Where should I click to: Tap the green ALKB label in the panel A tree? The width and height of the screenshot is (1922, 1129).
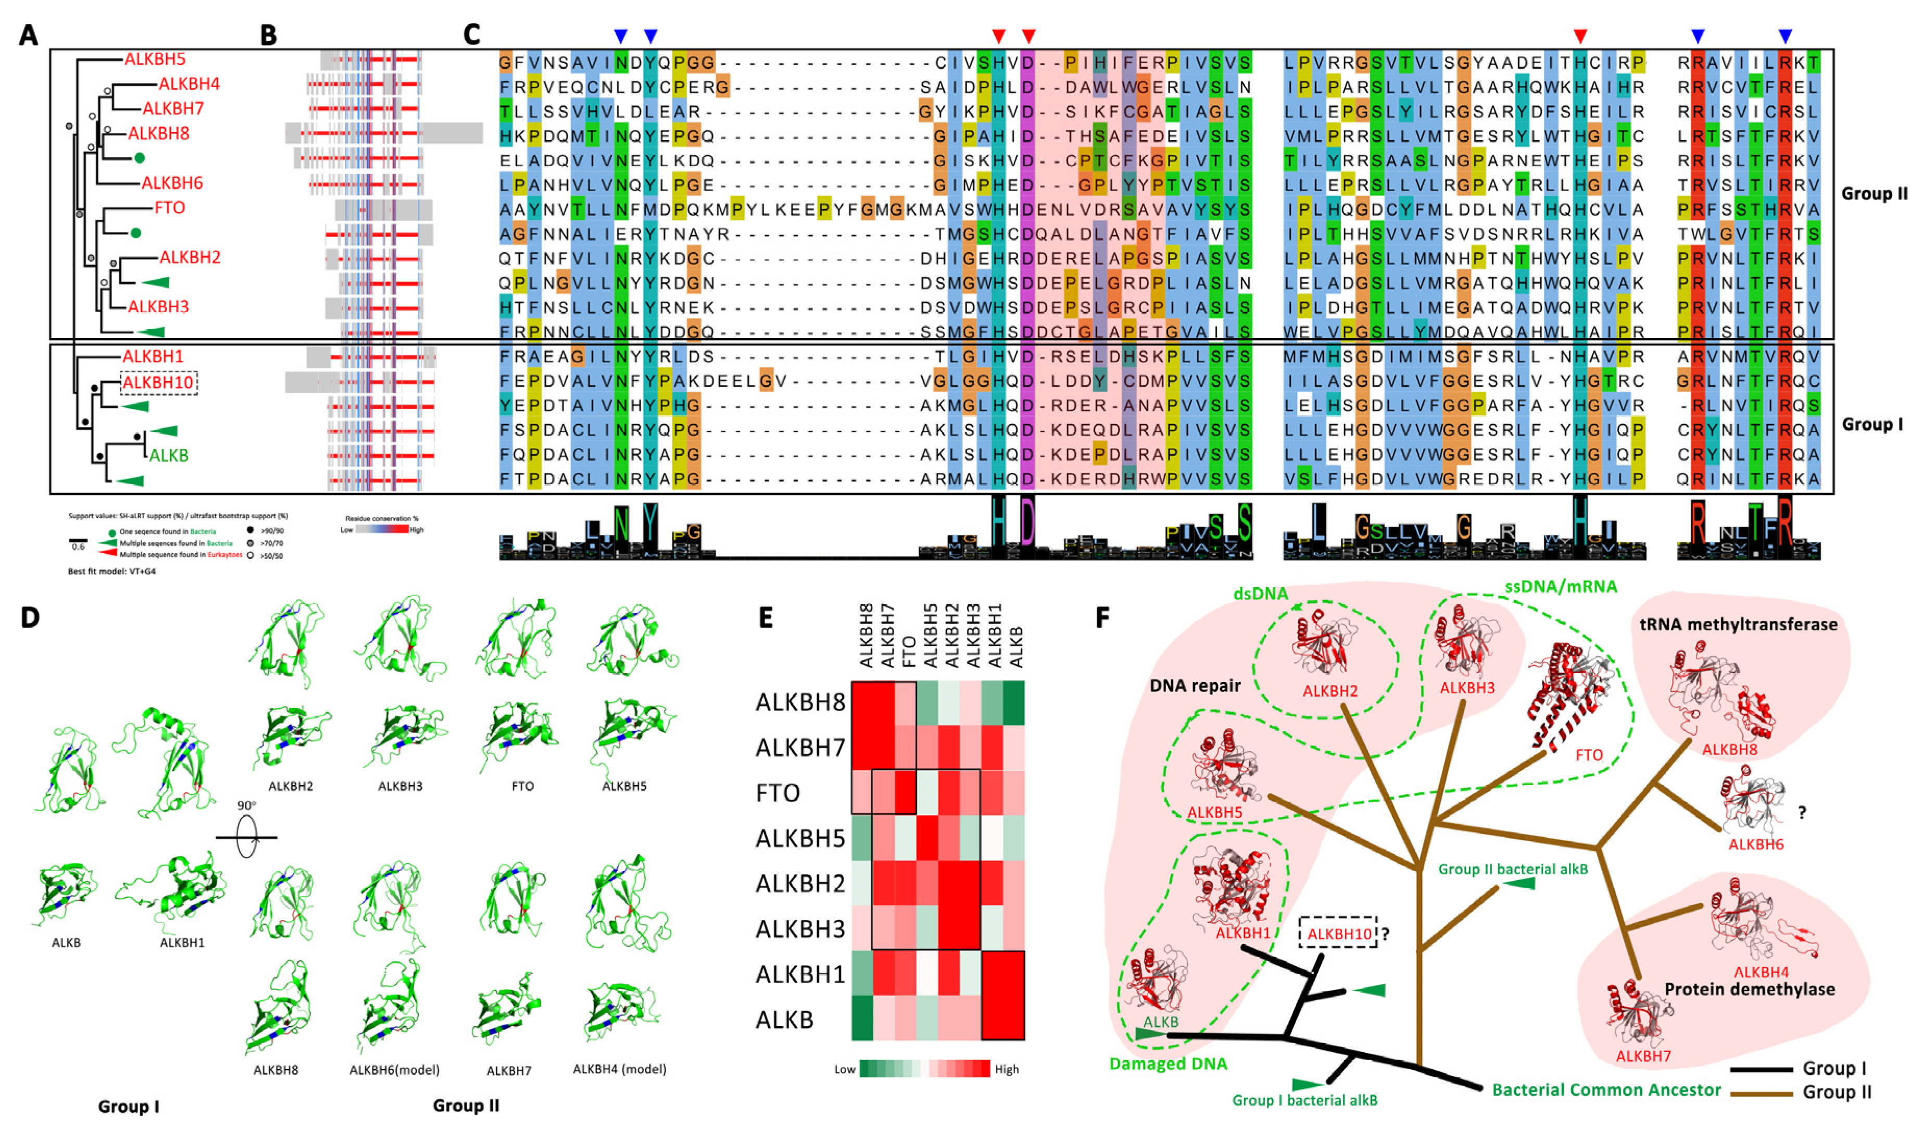tap(169, 455)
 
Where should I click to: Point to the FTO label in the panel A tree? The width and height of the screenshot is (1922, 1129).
tap(169, 207)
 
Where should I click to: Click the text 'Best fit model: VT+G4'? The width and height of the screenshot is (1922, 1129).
tap(112, 572)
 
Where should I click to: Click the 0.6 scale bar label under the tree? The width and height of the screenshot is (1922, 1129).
tap(78, 547)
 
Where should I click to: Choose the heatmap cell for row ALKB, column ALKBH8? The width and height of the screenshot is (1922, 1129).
tap(863, 1019)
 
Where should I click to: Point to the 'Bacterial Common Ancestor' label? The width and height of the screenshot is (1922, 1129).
tap(1606, 1089)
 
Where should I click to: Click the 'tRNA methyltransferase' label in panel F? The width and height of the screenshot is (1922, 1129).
tap(1738, 625)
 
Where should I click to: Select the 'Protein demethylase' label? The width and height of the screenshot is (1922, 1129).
tap(1750, 989)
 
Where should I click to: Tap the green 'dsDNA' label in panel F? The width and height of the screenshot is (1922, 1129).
tap(1261, 593)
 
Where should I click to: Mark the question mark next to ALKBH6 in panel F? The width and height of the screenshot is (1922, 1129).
tap(1802, 813)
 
